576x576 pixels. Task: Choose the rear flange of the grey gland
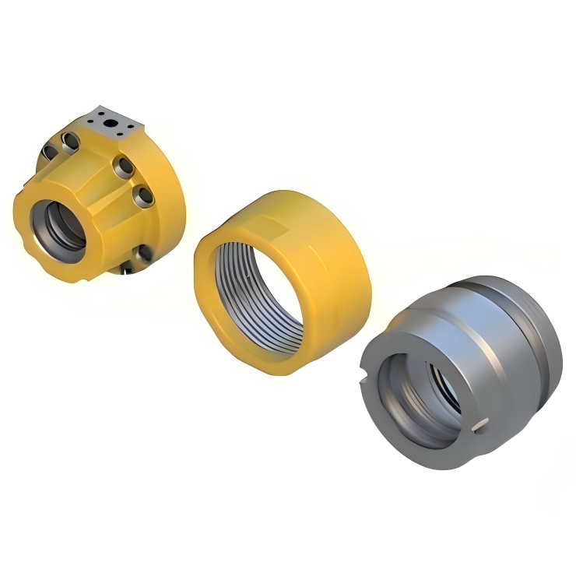545,342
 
